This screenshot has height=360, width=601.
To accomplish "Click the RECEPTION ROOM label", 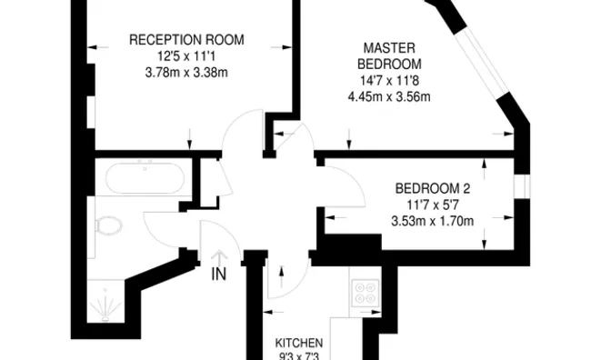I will [191, 40].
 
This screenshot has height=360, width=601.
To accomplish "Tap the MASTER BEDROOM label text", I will [390, 55].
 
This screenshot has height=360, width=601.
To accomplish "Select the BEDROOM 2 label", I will [433, 188].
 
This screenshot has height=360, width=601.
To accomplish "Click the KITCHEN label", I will [300, 344].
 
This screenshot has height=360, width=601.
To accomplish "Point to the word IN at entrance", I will [218, 272].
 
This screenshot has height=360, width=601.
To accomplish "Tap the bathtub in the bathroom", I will [145, 178].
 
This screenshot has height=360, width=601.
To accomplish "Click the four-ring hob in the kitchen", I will [366, 292].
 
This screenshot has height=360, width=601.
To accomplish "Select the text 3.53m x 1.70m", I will [433, 221].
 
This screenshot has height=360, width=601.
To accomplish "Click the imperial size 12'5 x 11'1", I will [191, 56].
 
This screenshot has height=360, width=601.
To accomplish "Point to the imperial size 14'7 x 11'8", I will [390, 81].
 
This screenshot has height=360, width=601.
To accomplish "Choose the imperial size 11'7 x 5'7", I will [433, 205].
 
